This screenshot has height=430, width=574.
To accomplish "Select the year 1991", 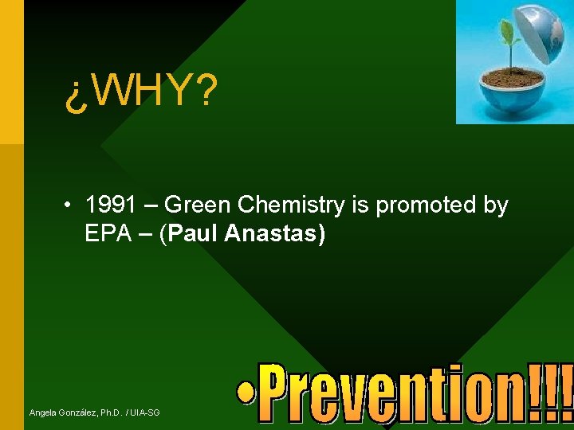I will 109,205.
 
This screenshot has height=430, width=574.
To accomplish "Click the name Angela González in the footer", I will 61,412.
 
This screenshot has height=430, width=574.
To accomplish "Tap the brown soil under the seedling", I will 511,78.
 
